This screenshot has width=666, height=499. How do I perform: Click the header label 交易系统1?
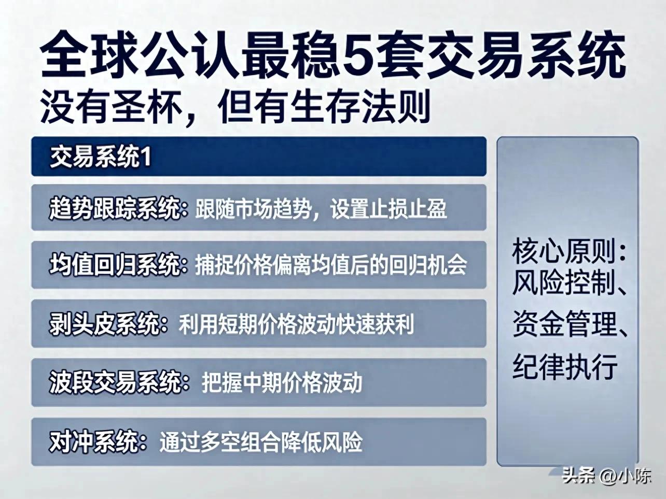click(x=101, y=157)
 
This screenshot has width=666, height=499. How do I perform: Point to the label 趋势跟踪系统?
click(x=115, y=208)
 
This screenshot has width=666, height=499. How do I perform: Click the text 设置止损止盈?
click(x=388, y=208)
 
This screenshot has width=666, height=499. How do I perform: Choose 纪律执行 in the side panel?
click(x=564, y=366)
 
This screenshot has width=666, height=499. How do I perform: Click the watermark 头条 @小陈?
click(x=606, y=476)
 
